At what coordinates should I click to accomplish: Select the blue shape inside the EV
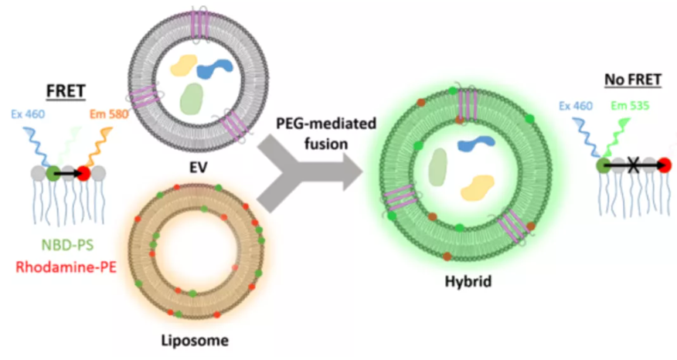216,70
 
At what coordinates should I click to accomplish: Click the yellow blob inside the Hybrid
478,186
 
